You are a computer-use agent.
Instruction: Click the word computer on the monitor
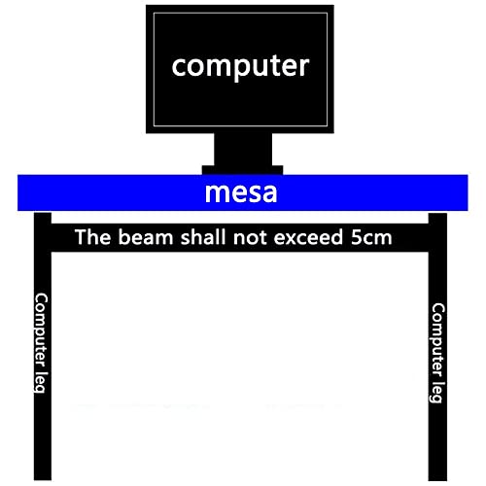click(x=240, y=66)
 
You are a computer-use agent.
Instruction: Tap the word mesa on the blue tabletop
click(x=241, y=192)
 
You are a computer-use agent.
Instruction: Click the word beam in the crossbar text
click(x=146, y=237)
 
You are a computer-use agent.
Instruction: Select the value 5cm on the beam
click(x=371, y=237)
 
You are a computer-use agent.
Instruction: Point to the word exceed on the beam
click(x=308, y=237)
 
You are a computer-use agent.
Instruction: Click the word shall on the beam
click(x=203, y=237)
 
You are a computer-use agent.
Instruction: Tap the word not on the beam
click(x=250, y=237)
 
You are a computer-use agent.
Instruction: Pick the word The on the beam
click(x=92, y=237)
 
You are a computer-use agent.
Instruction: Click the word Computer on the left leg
click(x=41, y=330)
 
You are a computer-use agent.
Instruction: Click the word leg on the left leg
click(x=40, y=382)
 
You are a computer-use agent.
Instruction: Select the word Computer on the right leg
click(x=437, y=340)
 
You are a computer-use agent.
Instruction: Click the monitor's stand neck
click(x=243, y=150)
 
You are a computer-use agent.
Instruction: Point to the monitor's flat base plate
click(x=242, y=170)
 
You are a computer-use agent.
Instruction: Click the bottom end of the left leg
click(x=43, y=479)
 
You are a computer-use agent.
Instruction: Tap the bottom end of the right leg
click(x=437, y=479)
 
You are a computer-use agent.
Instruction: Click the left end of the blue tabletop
click(x=18, y=192)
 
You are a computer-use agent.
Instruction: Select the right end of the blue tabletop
click(x=468, y=192)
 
